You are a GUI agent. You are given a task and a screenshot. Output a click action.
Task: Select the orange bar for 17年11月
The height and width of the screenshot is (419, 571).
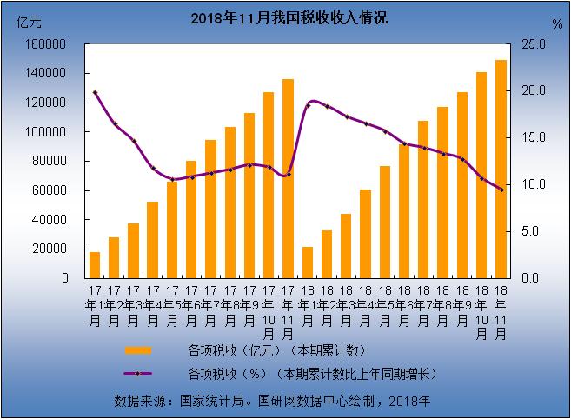coord(288,178)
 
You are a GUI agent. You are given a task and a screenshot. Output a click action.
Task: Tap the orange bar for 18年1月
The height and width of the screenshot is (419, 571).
coord(307,262)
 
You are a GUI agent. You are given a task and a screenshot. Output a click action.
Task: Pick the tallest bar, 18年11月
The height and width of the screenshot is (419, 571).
coord(501,169)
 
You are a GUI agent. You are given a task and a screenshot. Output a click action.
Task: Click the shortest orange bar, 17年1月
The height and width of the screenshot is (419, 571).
coord(95,264)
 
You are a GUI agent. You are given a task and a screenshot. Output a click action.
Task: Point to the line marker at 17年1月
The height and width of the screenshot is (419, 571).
coord(95,92)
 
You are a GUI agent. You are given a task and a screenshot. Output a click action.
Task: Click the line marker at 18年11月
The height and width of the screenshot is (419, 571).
coord(501,190)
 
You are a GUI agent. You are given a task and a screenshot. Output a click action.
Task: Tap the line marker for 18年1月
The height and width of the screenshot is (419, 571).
coord(307,105)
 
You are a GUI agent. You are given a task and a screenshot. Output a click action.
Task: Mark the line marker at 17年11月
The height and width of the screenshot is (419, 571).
coord(288,175)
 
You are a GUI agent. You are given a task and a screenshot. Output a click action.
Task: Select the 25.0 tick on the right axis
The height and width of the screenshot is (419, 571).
coord(533,44)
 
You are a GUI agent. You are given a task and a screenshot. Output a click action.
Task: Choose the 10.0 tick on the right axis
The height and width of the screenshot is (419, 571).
coord(533,184)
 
